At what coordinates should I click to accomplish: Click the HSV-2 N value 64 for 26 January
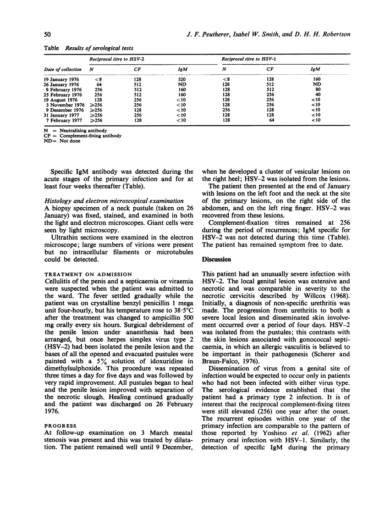pyautogui.click(x=97, y=83)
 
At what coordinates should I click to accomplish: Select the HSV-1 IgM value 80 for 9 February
pyautogui.click(x=316, y=89)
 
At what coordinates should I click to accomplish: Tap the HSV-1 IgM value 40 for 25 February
pyautogui.click(x=316, y=94)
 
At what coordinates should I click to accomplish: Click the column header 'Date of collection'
pyautogui.click(x=63, y=69)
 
